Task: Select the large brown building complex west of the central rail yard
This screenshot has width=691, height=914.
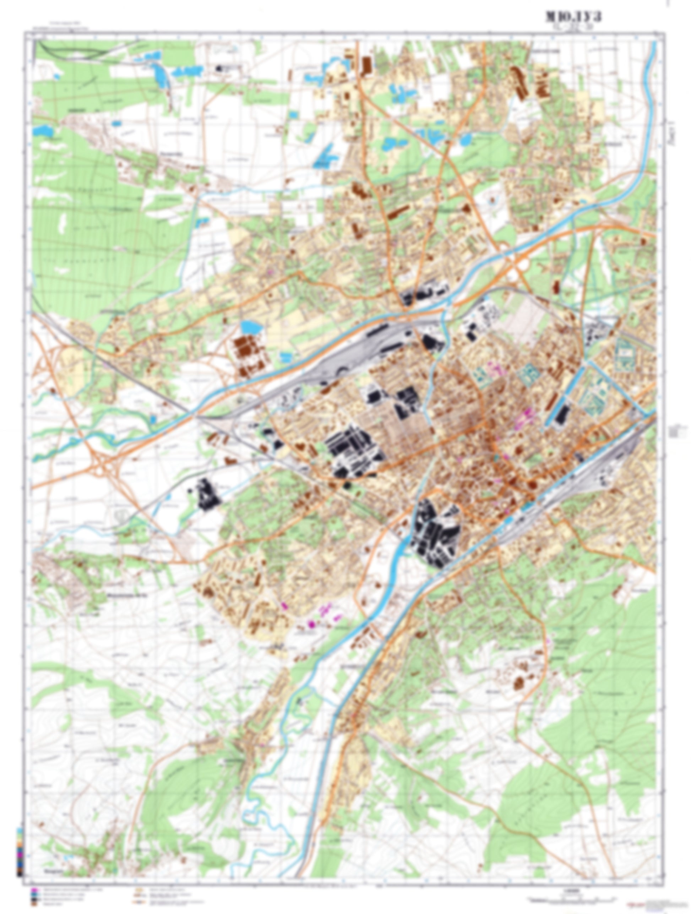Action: (249, 356)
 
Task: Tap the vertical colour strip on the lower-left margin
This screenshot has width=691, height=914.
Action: (20, 856)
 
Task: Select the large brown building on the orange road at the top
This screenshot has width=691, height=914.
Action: (365, 66)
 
